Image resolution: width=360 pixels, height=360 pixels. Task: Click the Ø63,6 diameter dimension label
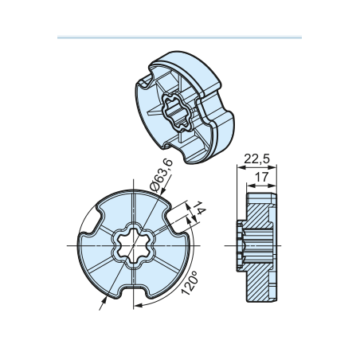161,175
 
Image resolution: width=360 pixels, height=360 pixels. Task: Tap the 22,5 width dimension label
256,159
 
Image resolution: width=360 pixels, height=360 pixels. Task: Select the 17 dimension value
262,177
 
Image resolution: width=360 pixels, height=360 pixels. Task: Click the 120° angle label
190,283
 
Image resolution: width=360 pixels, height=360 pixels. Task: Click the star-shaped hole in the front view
133,245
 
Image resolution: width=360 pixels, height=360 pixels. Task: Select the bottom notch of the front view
133,290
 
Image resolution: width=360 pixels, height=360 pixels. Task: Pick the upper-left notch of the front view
96,221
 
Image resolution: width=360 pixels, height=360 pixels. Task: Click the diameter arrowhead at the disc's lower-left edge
104,301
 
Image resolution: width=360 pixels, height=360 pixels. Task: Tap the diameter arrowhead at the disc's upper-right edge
163,191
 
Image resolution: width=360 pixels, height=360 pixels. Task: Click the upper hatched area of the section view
259,216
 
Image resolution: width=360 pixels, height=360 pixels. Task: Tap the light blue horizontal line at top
179,37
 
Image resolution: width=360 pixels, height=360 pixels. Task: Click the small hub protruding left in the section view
240,245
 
